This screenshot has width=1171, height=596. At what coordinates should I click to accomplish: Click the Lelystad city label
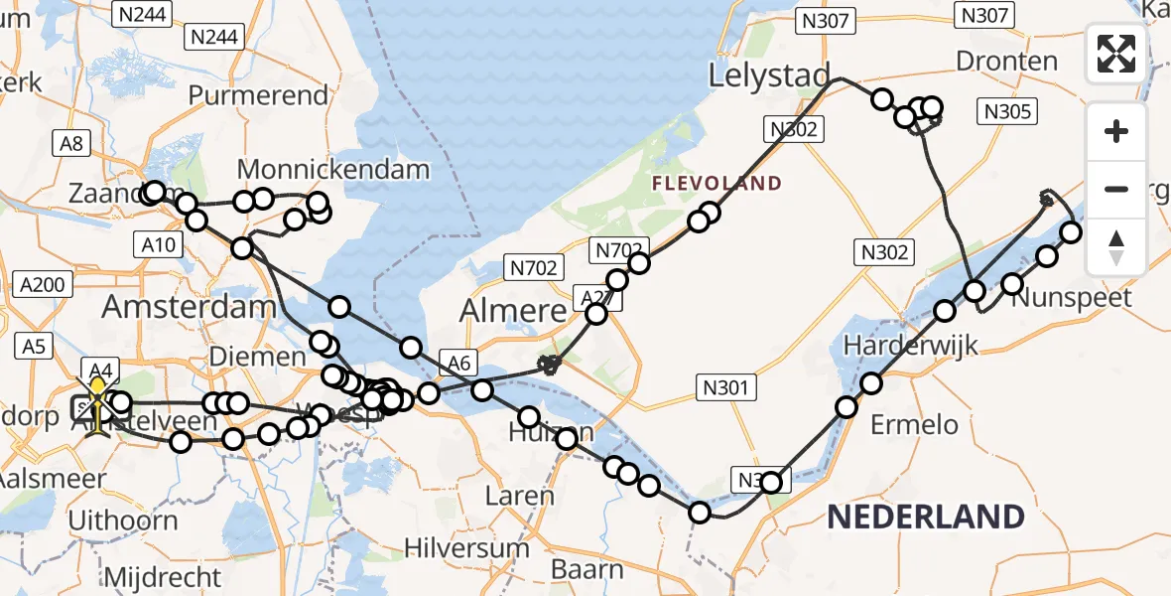click(769, 75)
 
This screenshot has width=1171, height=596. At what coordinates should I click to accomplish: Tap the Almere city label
click(512, 312)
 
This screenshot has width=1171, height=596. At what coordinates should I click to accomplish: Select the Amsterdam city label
click(189, 306)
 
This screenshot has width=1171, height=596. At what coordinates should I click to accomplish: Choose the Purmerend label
click(258, 95)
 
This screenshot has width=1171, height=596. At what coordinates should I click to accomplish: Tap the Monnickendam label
click(333, 169)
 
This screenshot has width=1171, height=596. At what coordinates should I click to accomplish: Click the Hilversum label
click(468, 547)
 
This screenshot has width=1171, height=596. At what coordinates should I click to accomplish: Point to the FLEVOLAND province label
click(716, 184)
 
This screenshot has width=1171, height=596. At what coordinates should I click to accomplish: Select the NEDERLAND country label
click(925, 517)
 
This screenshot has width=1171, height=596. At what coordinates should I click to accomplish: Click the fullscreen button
click(1116, 54)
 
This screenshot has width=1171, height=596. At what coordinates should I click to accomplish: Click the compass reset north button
click(1116, 247)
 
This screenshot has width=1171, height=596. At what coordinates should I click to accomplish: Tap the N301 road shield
click(726, 387)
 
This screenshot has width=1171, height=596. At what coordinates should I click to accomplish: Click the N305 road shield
click(1008, 111)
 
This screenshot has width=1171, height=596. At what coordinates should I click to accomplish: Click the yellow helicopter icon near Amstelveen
click(97, 406)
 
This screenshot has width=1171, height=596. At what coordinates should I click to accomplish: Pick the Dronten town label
click(1006, 62)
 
